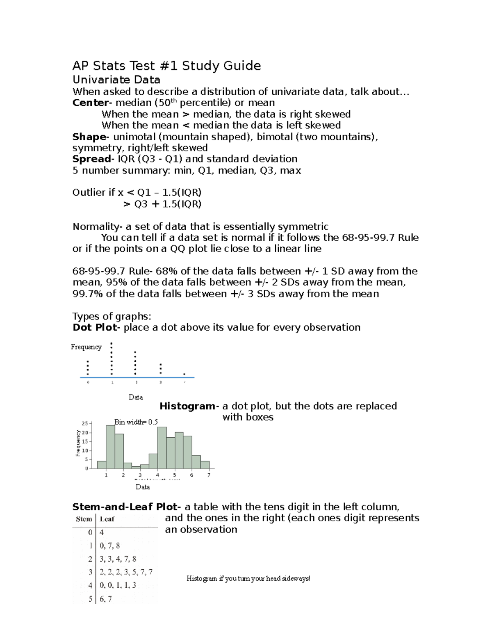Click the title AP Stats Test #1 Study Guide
point(166,66)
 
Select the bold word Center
point(90,103)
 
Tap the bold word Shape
point(89,137)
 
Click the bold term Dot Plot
point(95,327)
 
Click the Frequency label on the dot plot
point(86,347)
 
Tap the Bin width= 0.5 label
point(136,422)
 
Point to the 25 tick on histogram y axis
point(85,424)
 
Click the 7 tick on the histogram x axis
point(209,475)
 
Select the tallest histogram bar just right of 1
point(110,447)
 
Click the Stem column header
point(84,519)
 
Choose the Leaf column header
point(107,519)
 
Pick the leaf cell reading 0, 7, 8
point(110,546)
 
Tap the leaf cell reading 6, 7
point(106,599)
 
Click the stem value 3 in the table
point(90,572)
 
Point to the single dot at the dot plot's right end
point(184,374)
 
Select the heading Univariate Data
point(116,80)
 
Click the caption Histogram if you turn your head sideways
point(248,578)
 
